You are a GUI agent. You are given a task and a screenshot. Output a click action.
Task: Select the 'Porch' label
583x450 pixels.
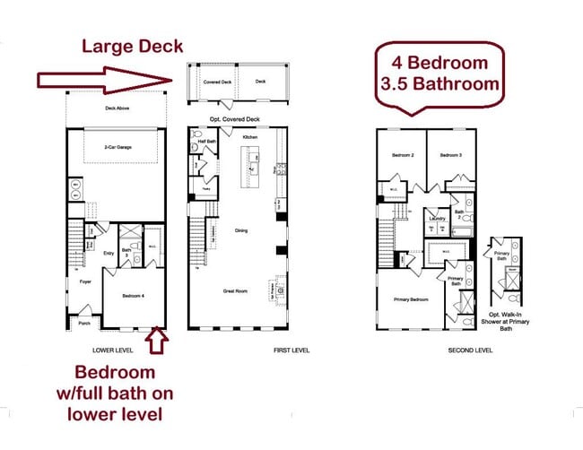84,324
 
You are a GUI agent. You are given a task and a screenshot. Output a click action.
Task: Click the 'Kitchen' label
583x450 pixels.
250,136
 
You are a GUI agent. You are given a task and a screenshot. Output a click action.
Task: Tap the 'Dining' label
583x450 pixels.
241,230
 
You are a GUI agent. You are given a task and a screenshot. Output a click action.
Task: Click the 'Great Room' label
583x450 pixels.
236,291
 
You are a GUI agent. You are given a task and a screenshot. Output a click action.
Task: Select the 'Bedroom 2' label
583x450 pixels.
402,156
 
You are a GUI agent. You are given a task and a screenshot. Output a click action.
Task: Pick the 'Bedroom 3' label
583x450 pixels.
450,156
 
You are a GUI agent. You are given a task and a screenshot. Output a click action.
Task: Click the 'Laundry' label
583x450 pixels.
438,218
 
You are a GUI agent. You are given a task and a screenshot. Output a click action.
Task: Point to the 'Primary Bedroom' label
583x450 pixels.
408,300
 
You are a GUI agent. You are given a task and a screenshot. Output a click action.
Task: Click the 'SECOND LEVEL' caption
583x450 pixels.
470,350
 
